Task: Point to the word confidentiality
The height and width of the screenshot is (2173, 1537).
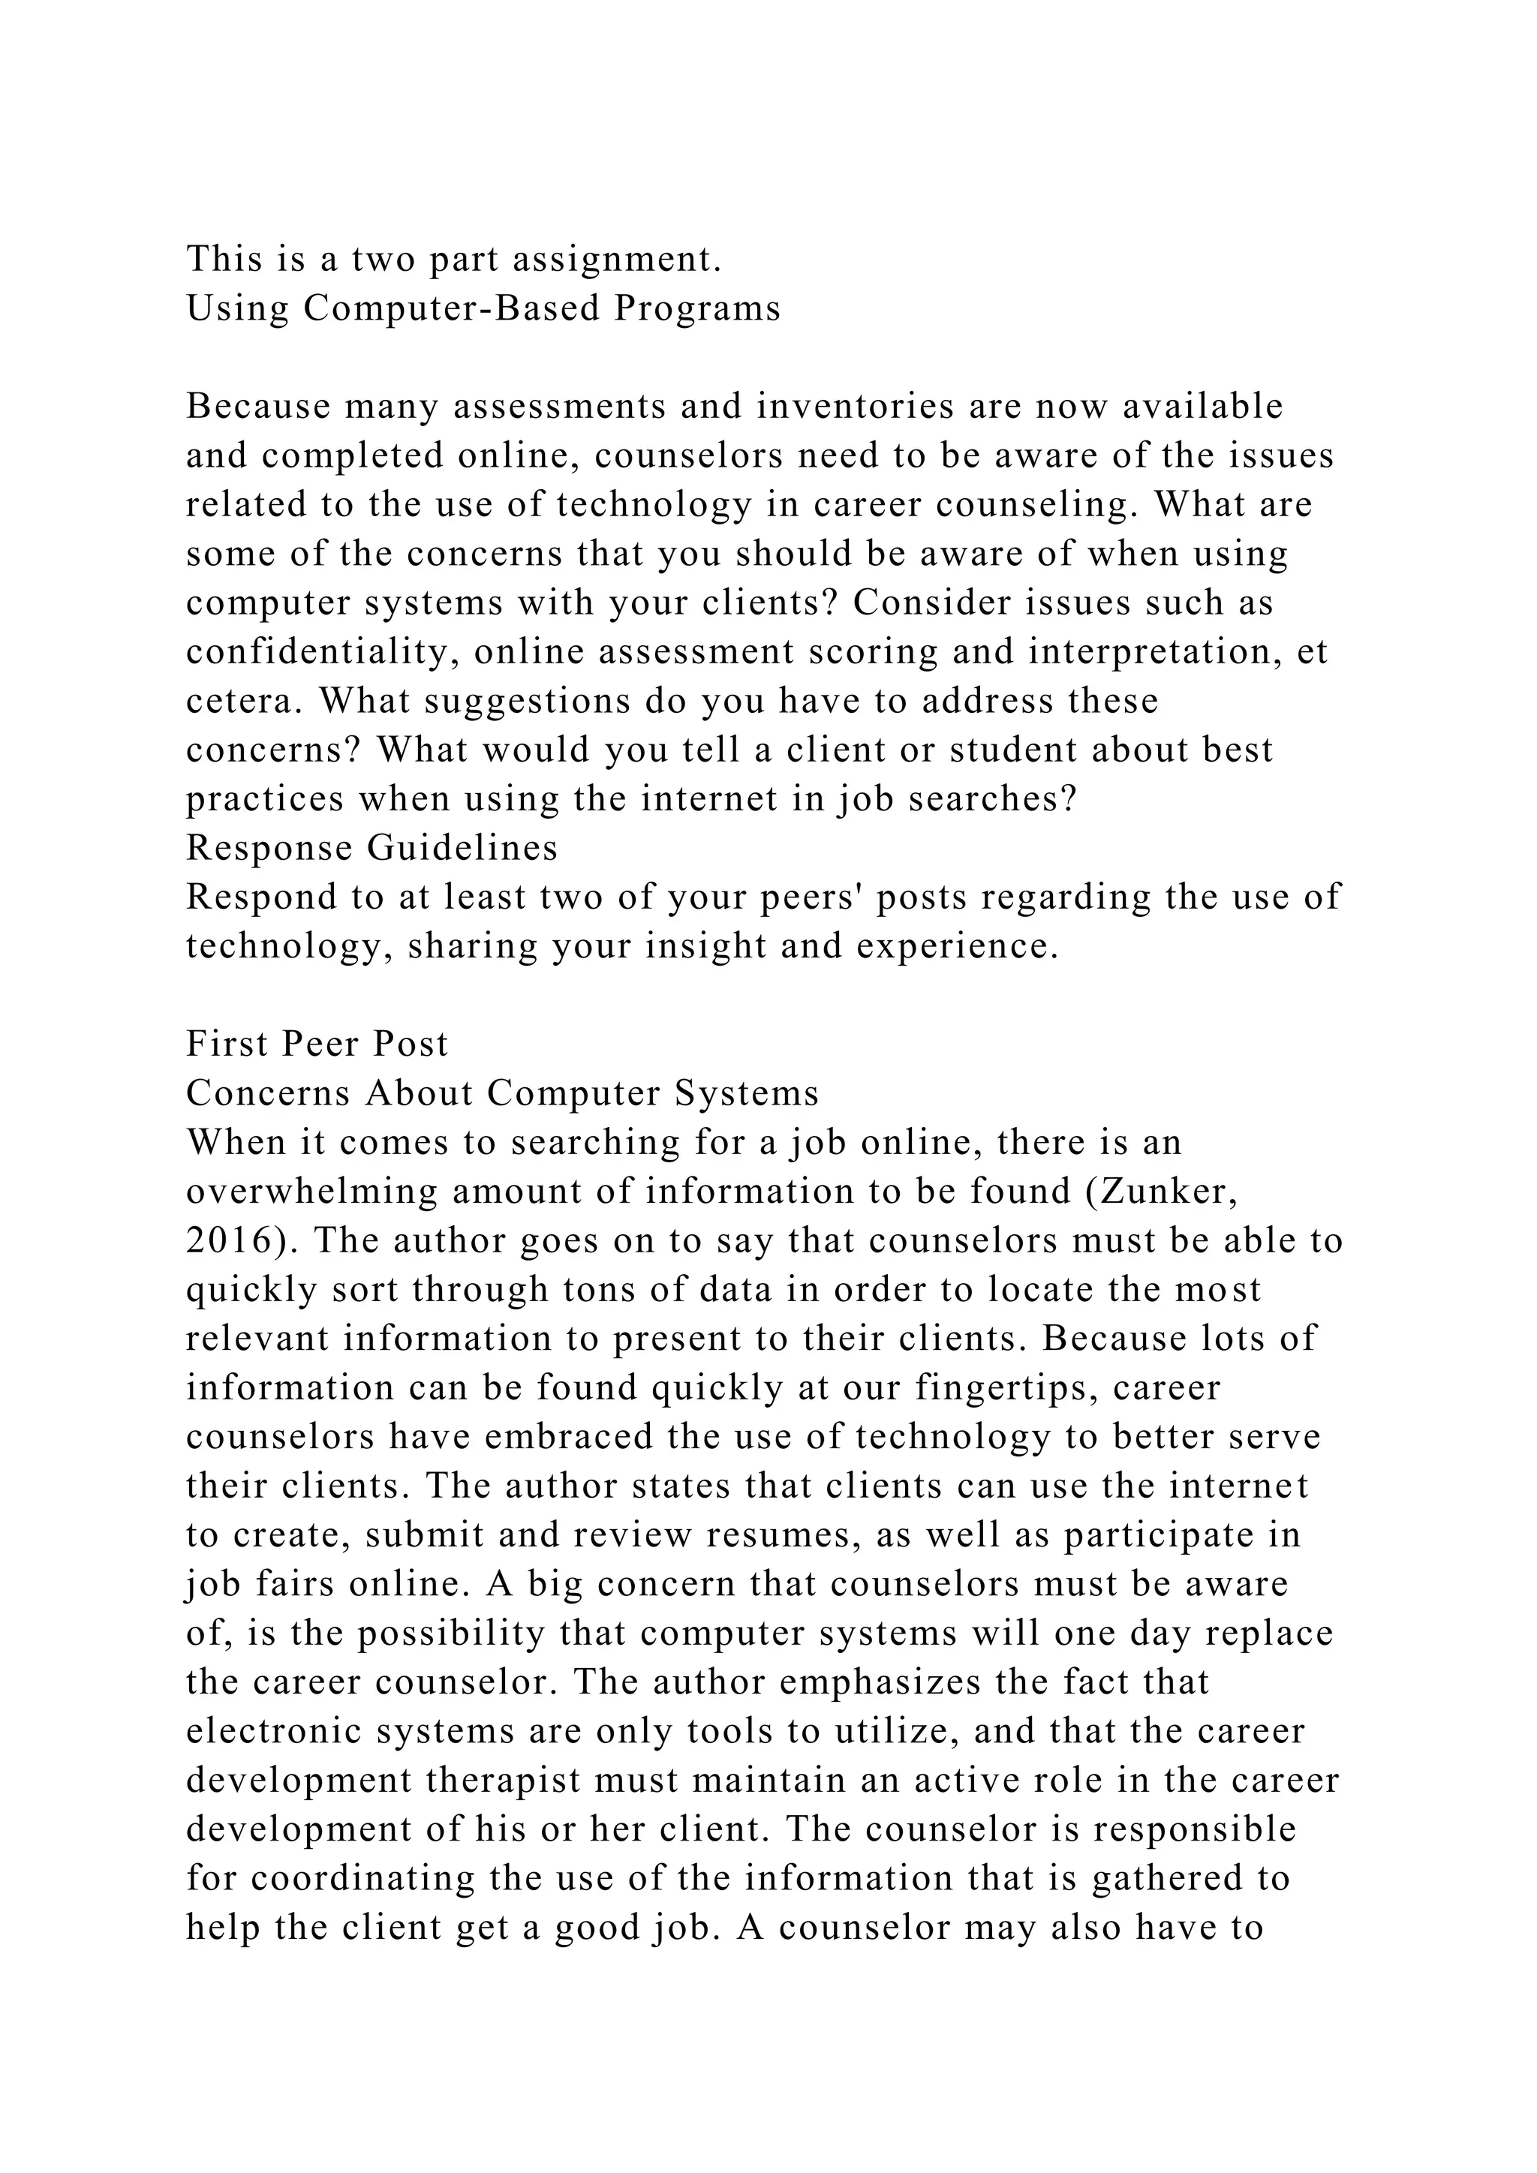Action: click(323, 652)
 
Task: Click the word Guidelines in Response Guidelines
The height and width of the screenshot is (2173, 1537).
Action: click(463, 848)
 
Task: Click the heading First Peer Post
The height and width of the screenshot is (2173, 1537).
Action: click(317, 1044)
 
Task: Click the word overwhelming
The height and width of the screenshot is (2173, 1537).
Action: click(312, 1192)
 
